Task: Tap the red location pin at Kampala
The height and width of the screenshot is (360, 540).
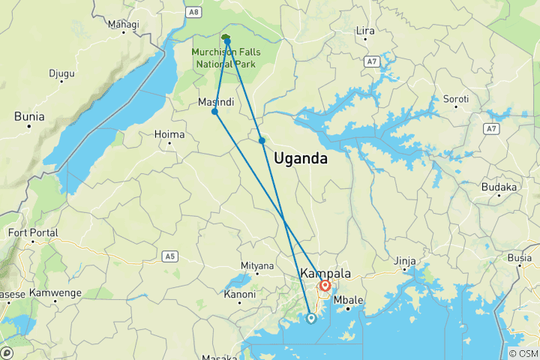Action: coord(325,286)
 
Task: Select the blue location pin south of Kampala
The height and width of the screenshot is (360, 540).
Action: coord(310,318)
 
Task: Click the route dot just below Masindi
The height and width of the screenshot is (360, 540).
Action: coord(215,112)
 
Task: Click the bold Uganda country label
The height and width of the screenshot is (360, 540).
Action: coord(301,158)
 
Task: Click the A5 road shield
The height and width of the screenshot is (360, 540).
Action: coord(170,256)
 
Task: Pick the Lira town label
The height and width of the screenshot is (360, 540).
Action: coord(365,31)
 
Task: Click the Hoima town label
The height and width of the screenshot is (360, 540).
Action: coord(169,134)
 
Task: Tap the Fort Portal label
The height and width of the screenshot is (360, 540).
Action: coord(32,233)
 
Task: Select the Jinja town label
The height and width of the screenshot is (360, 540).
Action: coord(405,261)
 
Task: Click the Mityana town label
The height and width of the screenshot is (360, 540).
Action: coord(257,266)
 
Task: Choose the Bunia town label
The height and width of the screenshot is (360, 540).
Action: coord(29,116)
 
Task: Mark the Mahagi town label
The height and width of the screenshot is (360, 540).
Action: coord(124,25)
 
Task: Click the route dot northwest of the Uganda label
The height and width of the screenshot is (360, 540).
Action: coord(262,140)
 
